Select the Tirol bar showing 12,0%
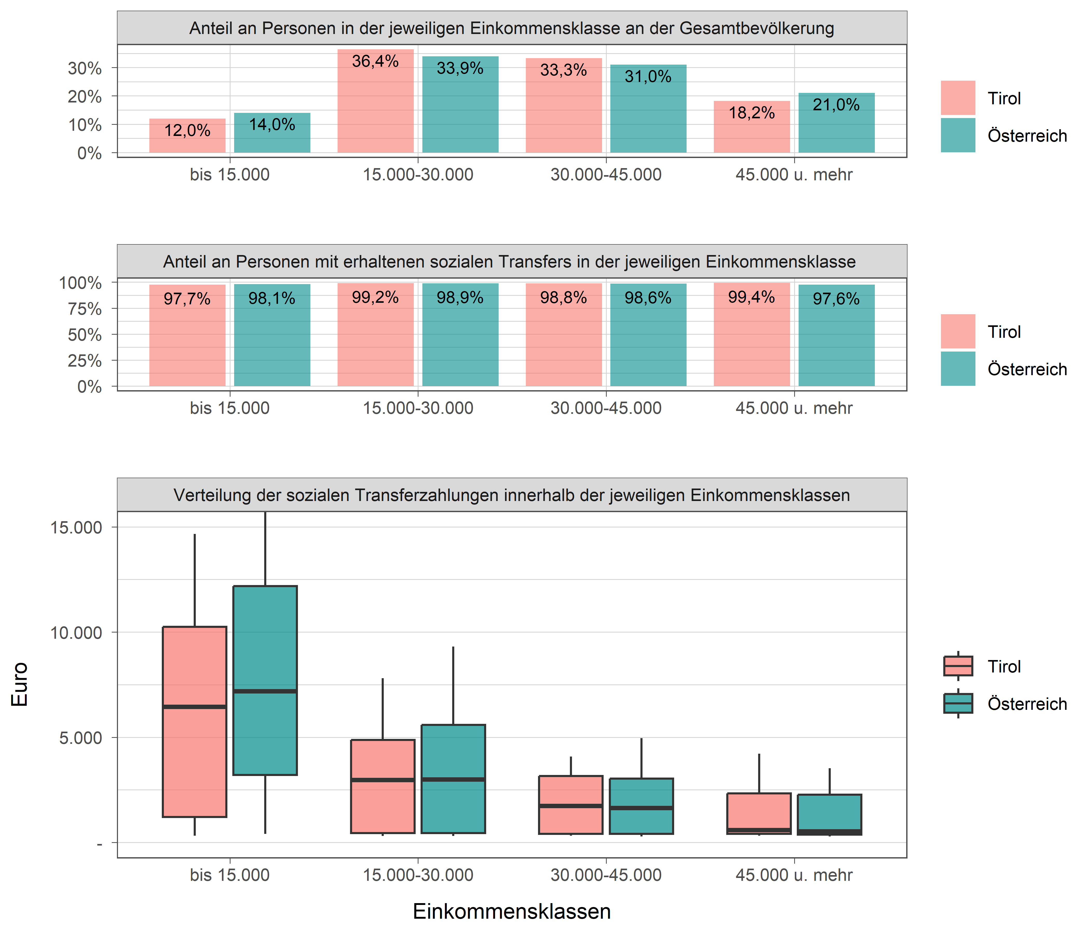(187, 136)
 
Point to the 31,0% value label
(648, 77)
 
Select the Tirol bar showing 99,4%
(752, 334)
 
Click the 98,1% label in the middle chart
(272, 299)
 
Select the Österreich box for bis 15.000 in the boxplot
(265, 680)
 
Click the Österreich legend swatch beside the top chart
(958, 135)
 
